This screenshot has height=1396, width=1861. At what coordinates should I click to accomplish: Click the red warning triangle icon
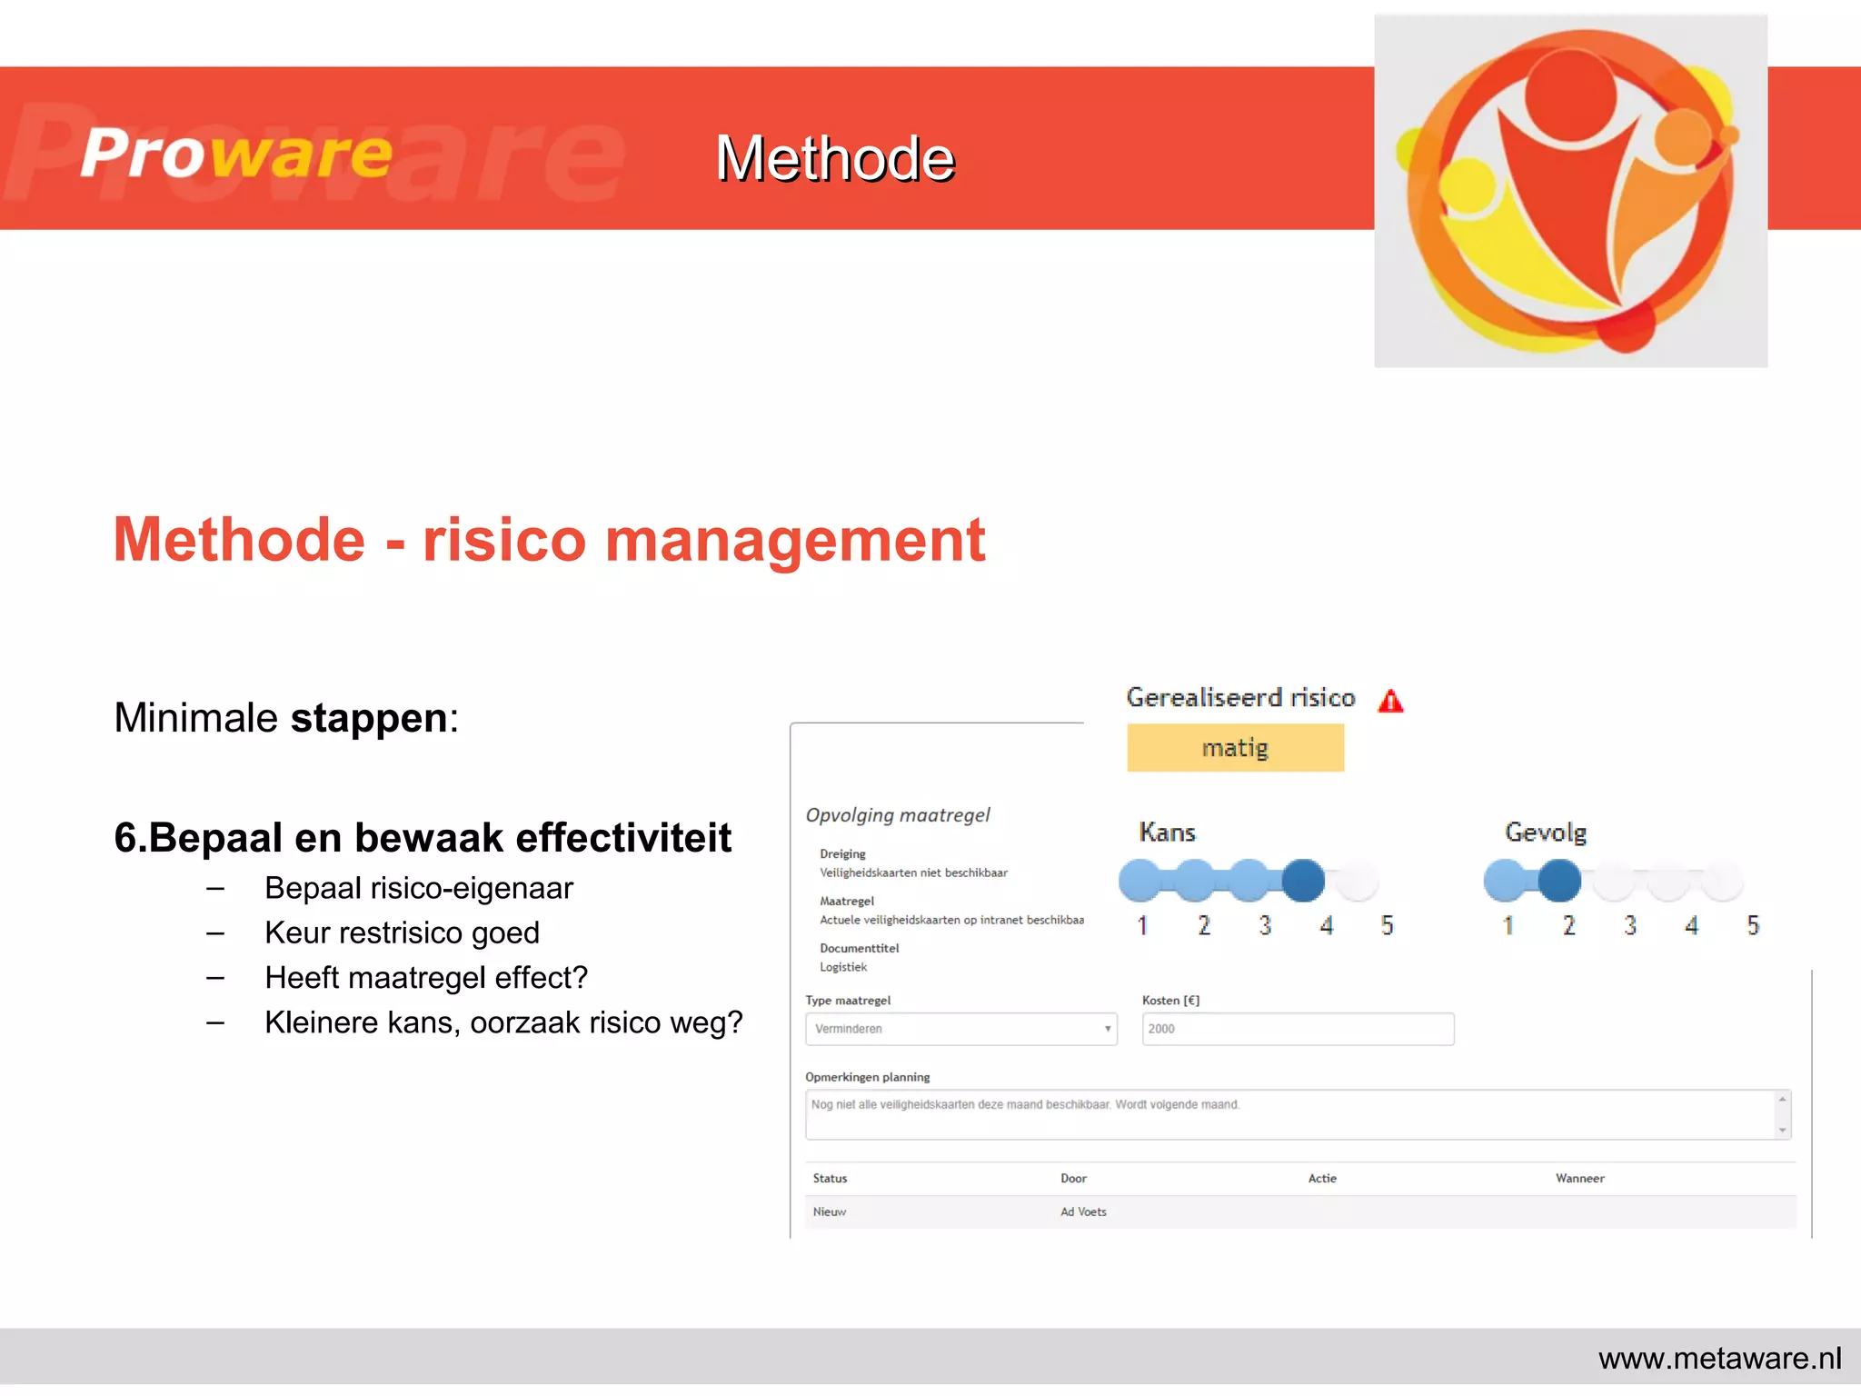pos(1390,702)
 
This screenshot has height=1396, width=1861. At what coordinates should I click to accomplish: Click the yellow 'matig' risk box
pos(1235,748)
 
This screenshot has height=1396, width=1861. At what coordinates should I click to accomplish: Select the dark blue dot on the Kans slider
pos(1303,881)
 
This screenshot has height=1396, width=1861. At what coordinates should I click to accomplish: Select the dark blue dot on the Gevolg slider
pos(1559,881)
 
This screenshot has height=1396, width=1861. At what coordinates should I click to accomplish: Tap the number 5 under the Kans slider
pos(1387,926)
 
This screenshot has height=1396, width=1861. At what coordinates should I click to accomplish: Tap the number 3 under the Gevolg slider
pos(1630,926)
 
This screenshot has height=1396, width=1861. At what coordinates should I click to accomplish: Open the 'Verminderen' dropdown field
pos(960,1029)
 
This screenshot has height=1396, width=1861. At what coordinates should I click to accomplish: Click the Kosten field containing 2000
pos(1298,1029)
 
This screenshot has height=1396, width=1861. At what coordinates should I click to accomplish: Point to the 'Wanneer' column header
pos(1579,1179)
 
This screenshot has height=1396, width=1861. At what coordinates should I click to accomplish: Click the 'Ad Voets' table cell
pos(1083,1212)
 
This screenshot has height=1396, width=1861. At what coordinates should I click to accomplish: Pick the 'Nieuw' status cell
pos(829,1212)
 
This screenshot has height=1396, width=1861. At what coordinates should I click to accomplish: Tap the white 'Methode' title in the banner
pos(834,159)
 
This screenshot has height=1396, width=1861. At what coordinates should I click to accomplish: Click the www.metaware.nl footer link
pos(1719,1359)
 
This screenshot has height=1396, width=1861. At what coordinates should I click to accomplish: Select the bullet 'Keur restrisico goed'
pos(402,933)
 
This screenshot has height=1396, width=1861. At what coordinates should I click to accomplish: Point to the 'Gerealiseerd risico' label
pos(1240,698)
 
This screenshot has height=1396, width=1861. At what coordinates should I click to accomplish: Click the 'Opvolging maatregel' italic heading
pos(898,815)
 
